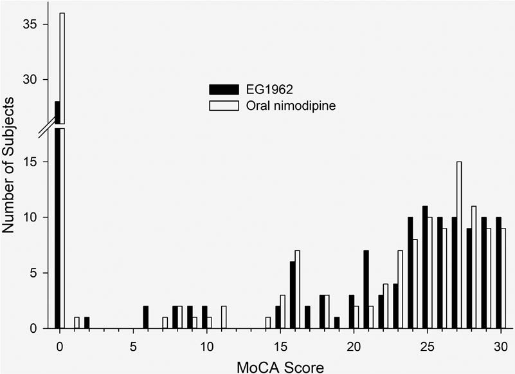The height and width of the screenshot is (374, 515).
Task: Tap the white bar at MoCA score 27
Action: pyautogui.click(x=459, y=245)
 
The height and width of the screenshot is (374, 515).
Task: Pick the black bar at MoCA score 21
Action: pyautogui.click(x=366, y=290)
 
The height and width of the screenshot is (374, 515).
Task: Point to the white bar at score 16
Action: pyautogui.click(x=297, y=290)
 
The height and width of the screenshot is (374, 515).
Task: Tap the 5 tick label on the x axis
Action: pyautogui.click(x=133, y=345)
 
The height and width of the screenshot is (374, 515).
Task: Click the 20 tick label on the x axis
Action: pyautogui.click(x=353, y=345)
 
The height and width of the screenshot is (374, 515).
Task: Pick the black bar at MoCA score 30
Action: pyautogui.click(x=498, y=273)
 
